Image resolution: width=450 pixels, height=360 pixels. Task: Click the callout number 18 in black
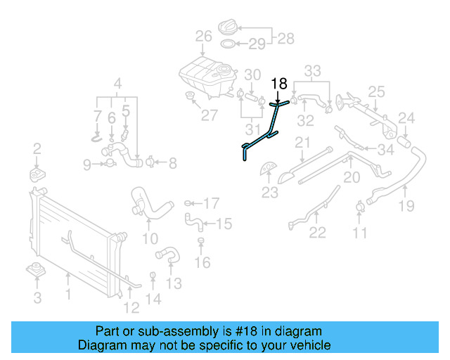pyautogui.click(x=279, y=84)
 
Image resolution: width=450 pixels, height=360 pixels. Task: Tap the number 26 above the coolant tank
pyautogui.click(x=203, y=37)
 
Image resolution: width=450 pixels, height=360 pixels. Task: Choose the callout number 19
pyautogui.click(x=406, y=205)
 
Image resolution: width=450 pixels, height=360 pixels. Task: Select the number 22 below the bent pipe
pyautogui.click(x=318, y=233)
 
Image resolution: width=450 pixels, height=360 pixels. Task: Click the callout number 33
pyautogui.click(x=312, y=70)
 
